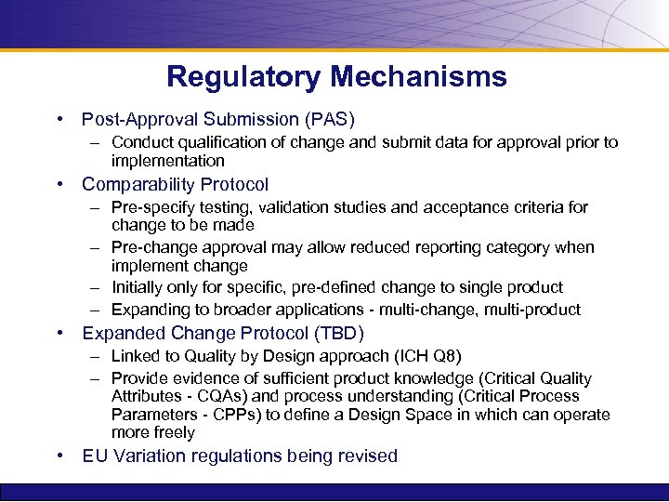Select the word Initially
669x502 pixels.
coord(139,287)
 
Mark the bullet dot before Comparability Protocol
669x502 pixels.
coord(59,184)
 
